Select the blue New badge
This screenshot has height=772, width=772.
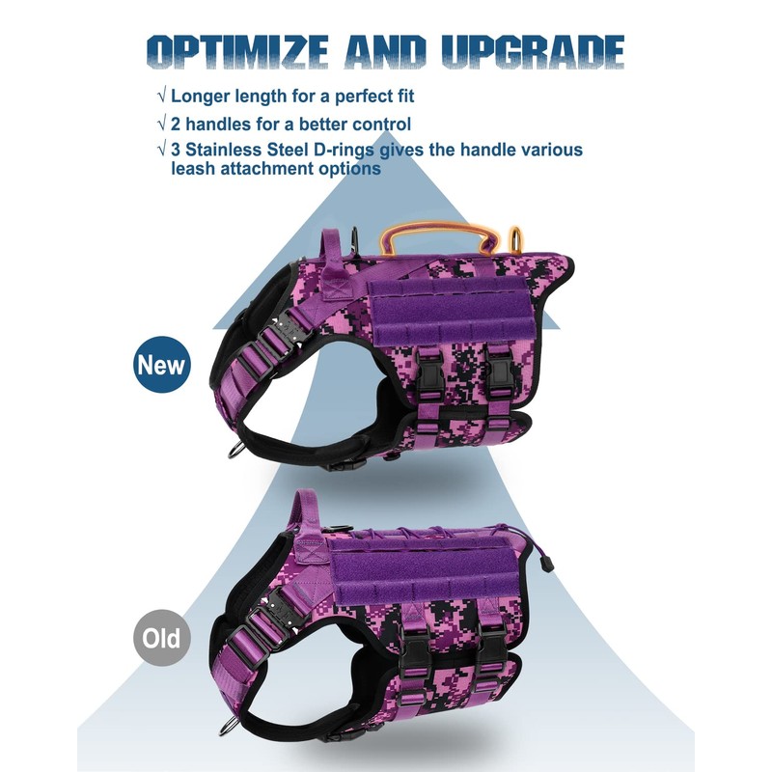pos(162,365)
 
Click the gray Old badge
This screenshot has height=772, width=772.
pos(162,638)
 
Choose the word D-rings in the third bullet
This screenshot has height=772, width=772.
pos(368,151)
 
